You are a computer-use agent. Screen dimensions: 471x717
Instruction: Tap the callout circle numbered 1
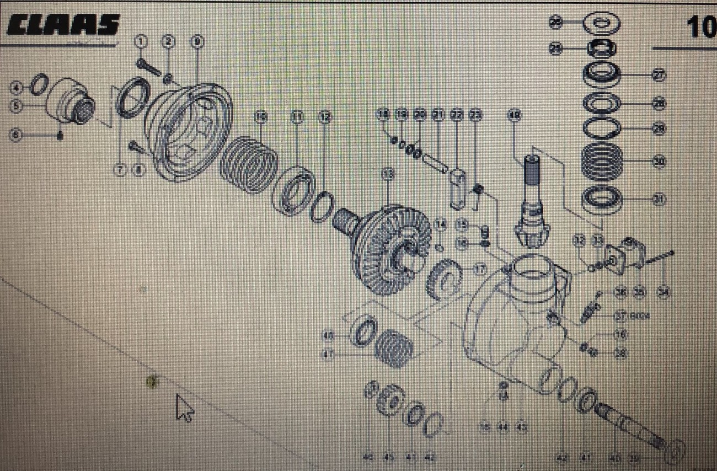coord(142,42)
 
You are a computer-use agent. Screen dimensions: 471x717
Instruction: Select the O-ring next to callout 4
coord(39,85)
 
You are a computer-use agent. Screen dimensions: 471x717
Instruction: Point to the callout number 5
coord(17,106)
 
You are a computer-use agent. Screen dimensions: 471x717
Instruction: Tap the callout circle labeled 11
coord(297,117)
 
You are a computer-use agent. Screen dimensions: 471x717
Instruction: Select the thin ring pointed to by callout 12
coord(322,207)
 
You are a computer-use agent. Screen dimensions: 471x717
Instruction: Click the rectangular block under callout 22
coord(458,188)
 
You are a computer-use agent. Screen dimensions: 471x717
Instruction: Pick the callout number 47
coord(329,355)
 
